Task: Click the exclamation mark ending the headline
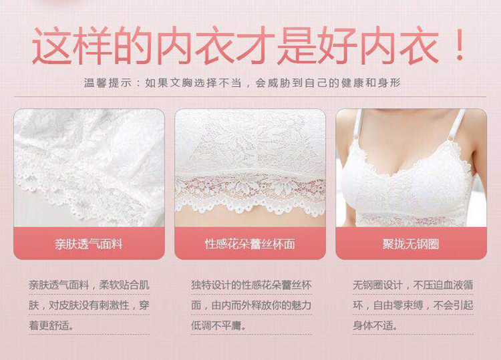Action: tap(460, 46)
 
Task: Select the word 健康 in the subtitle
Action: tap(353, 83)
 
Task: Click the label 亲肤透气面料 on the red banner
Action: tap(89, 244)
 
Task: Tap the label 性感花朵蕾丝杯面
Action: tap(250, 244)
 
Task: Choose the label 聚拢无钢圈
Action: tap(411, 244)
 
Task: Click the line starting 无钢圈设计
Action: tap(413, 285)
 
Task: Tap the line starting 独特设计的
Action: tap(251, 285)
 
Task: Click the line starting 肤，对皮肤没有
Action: tap(89, 305)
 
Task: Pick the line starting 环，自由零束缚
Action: tap(413, 305)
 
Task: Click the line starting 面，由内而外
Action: tap(251, 305)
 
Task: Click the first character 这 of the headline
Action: tap(51, 46)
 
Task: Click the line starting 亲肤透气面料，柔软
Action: tap(89, 285)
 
